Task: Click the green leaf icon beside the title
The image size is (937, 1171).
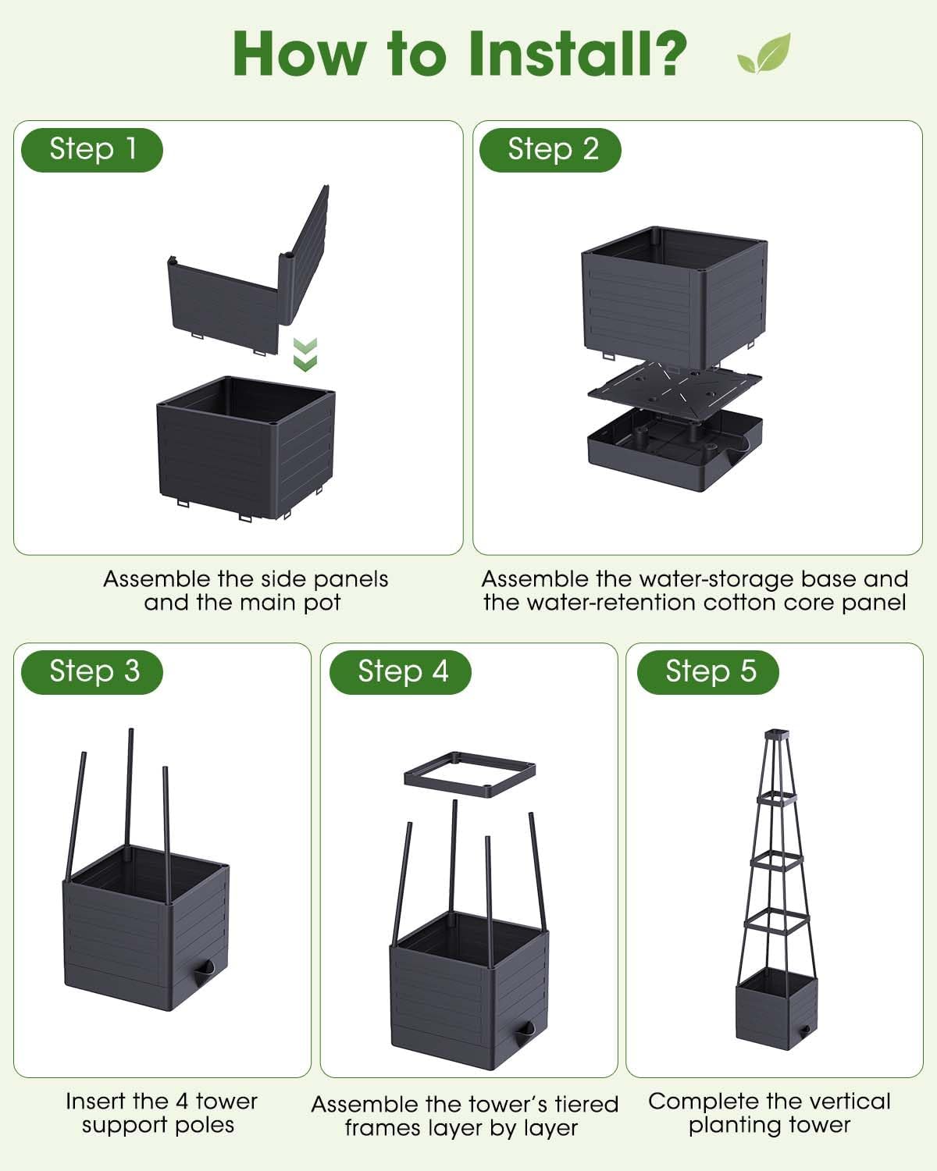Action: [764, 53]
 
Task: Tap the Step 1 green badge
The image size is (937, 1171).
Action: [92, 150]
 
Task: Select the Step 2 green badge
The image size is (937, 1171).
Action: [550, 150]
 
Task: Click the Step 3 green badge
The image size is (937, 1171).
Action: [92, 672]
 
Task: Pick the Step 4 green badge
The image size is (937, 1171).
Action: [400, 672]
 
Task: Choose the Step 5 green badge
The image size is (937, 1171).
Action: [707, 672]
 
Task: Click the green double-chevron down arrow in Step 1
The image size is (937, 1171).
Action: [305, 354]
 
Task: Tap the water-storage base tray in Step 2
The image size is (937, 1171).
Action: [675, 450]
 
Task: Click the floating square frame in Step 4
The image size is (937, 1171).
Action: [470, 775]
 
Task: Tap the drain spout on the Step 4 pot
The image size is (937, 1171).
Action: [525, 1032]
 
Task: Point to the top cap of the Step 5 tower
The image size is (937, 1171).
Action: [777, 735]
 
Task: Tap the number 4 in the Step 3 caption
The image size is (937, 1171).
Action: [182, 1102]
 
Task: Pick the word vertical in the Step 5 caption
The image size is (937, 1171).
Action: [844, 1102]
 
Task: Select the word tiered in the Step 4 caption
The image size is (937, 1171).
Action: [587, 1105]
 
